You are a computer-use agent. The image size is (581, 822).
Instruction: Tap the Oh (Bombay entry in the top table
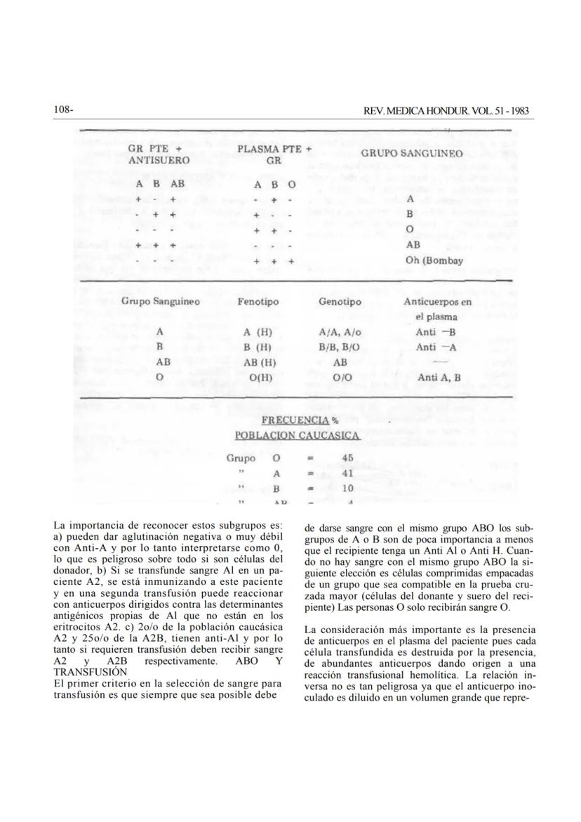tap(435, 261)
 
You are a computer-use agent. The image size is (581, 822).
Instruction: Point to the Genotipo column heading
tap(340, 302)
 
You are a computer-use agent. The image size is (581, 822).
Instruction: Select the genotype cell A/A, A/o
tap(340, 332)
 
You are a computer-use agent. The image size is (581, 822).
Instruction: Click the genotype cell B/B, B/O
tap(340, 347)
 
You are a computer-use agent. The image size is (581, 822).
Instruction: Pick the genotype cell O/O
tap(340, 378)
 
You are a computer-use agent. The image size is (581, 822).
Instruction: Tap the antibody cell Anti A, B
tap(438, 378)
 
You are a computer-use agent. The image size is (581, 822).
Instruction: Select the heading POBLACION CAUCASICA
tap(298, 436)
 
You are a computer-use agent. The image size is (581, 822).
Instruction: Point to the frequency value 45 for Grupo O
tap(347, 458)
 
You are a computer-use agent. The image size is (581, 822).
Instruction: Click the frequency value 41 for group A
tap(347, 473)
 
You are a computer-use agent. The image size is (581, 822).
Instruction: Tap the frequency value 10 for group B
tap(347, 488)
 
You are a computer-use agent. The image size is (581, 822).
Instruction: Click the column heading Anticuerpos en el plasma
tap(438, 309)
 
